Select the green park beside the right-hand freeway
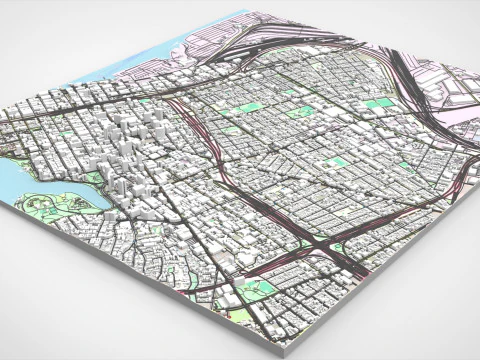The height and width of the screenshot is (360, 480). (378, 104)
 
